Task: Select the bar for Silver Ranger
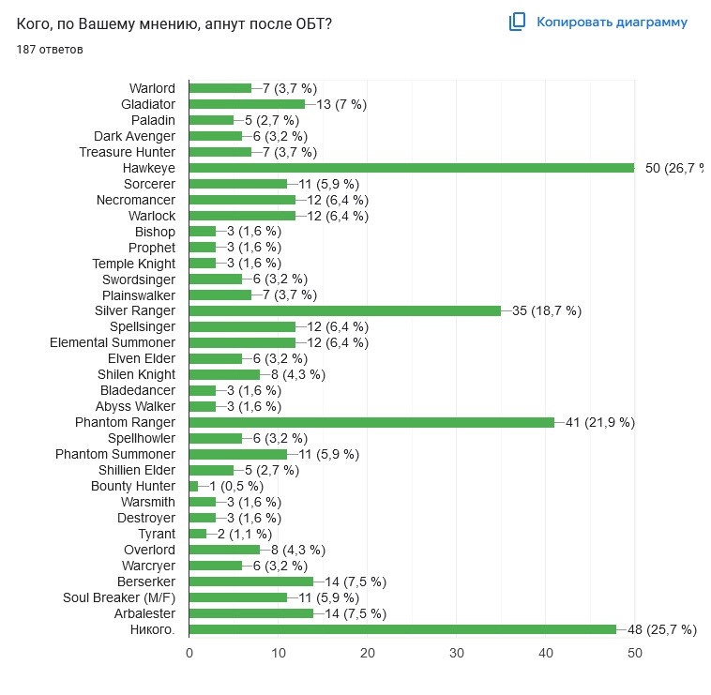tap(345, 310)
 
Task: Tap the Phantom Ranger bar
tap(371, 422)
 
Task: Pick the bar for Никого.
tap(402, 629)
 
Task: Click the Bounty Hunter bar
tap(193, 486)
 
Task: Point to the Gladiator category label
tap(148, 103)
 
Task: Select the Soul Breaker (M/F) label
tap(119, 597)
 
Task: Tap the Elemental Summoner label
tap(113, 342)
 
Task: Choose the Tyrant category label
tap(157, 534)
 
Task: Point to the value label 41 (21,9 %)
tap(600, 422)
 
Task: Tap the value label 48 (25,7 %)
tap(662, 629)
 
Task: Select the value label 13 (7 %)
tap(340, 103)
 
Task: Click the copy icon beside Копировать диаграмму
tap(517, 22)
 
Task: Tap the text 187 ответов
tap(50, 49)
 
